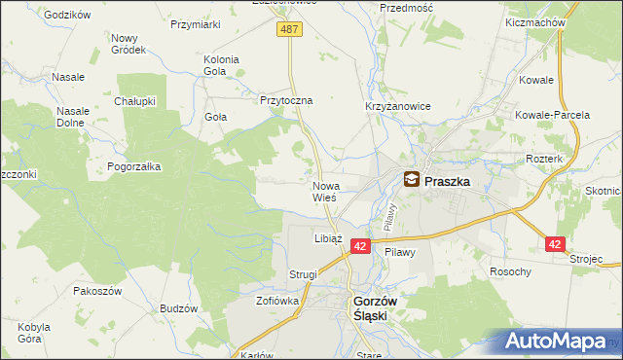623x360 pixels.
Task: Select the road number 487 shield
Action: click(290, 30)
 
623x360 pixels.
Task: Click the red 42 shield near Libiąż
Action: click(359, 248)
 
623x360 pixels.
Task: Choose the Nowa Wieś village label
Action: click(325, 192)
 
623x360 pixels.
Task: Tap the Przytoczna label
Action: click(285, 100)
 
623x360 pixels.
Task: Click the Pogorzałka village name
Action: click(134, 166)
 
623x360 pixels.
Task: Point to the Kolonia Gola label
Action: click(221, 65)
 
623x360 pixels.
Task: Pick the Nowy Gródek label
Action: click(128, 44)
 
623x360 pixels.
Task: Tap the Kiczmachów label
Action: click(536, 20)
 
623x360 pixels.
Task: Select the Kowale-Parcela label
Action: click(554, 115)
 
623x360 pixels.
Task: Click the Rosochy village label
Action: click(510, 271)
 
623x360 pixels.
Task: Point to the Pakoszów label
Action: click(96, 290)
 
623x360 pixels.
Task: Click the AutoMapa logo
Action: click(560, 341)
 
